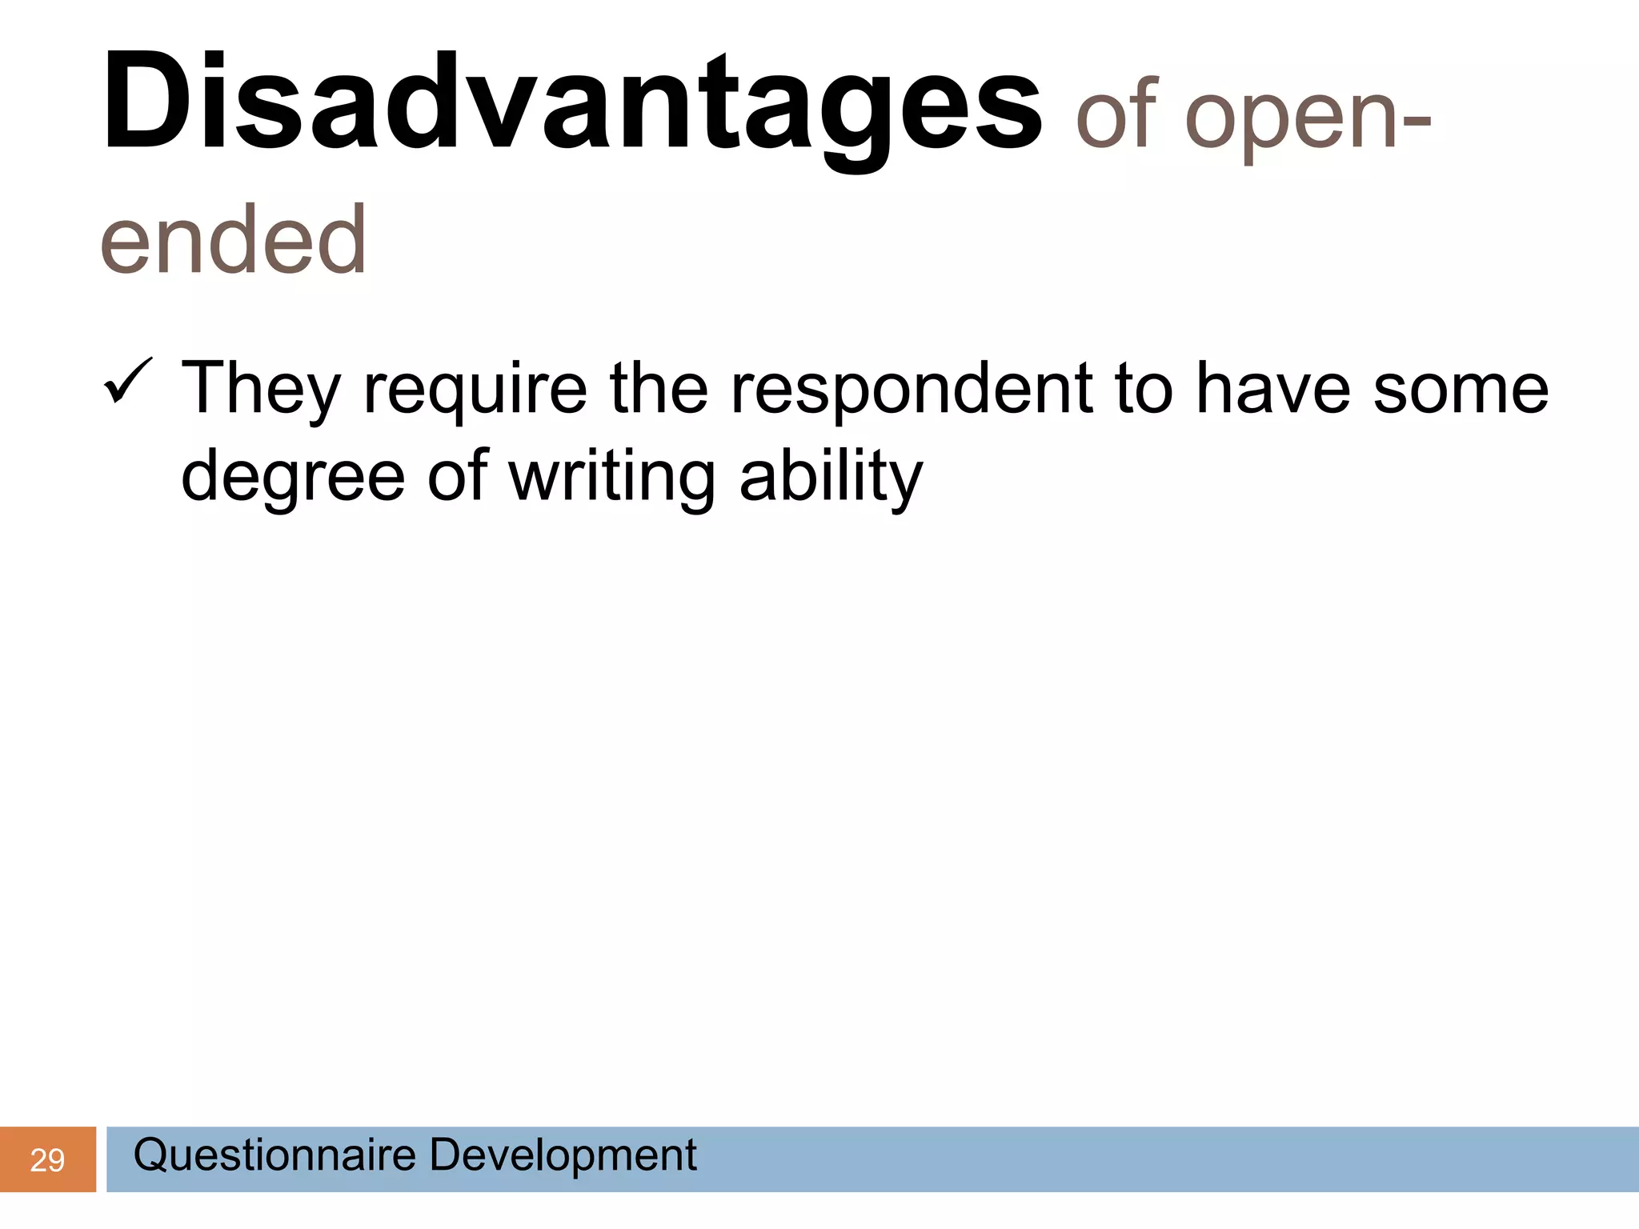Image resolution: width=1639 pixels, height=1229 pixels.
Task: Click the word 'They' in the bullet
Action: click(x=261, y=390)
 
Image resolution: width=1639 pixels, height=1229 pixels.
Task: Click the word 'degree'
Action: click(x=293, y=478)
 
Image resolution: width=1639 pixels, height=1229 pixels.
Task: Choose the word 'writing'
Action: click(x=611, y=478)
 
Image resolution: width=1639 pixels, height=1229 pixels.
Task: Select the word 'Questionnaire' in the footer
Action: click(x=275, y=1155)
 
